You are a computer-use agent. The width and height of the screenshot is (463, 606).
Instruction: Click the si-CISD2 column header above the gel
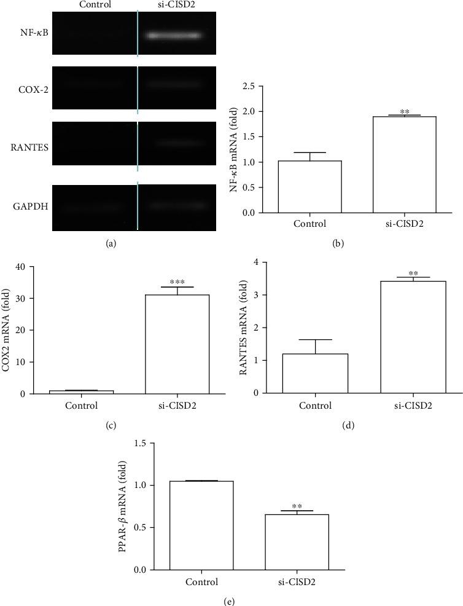tap(173, 5)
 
